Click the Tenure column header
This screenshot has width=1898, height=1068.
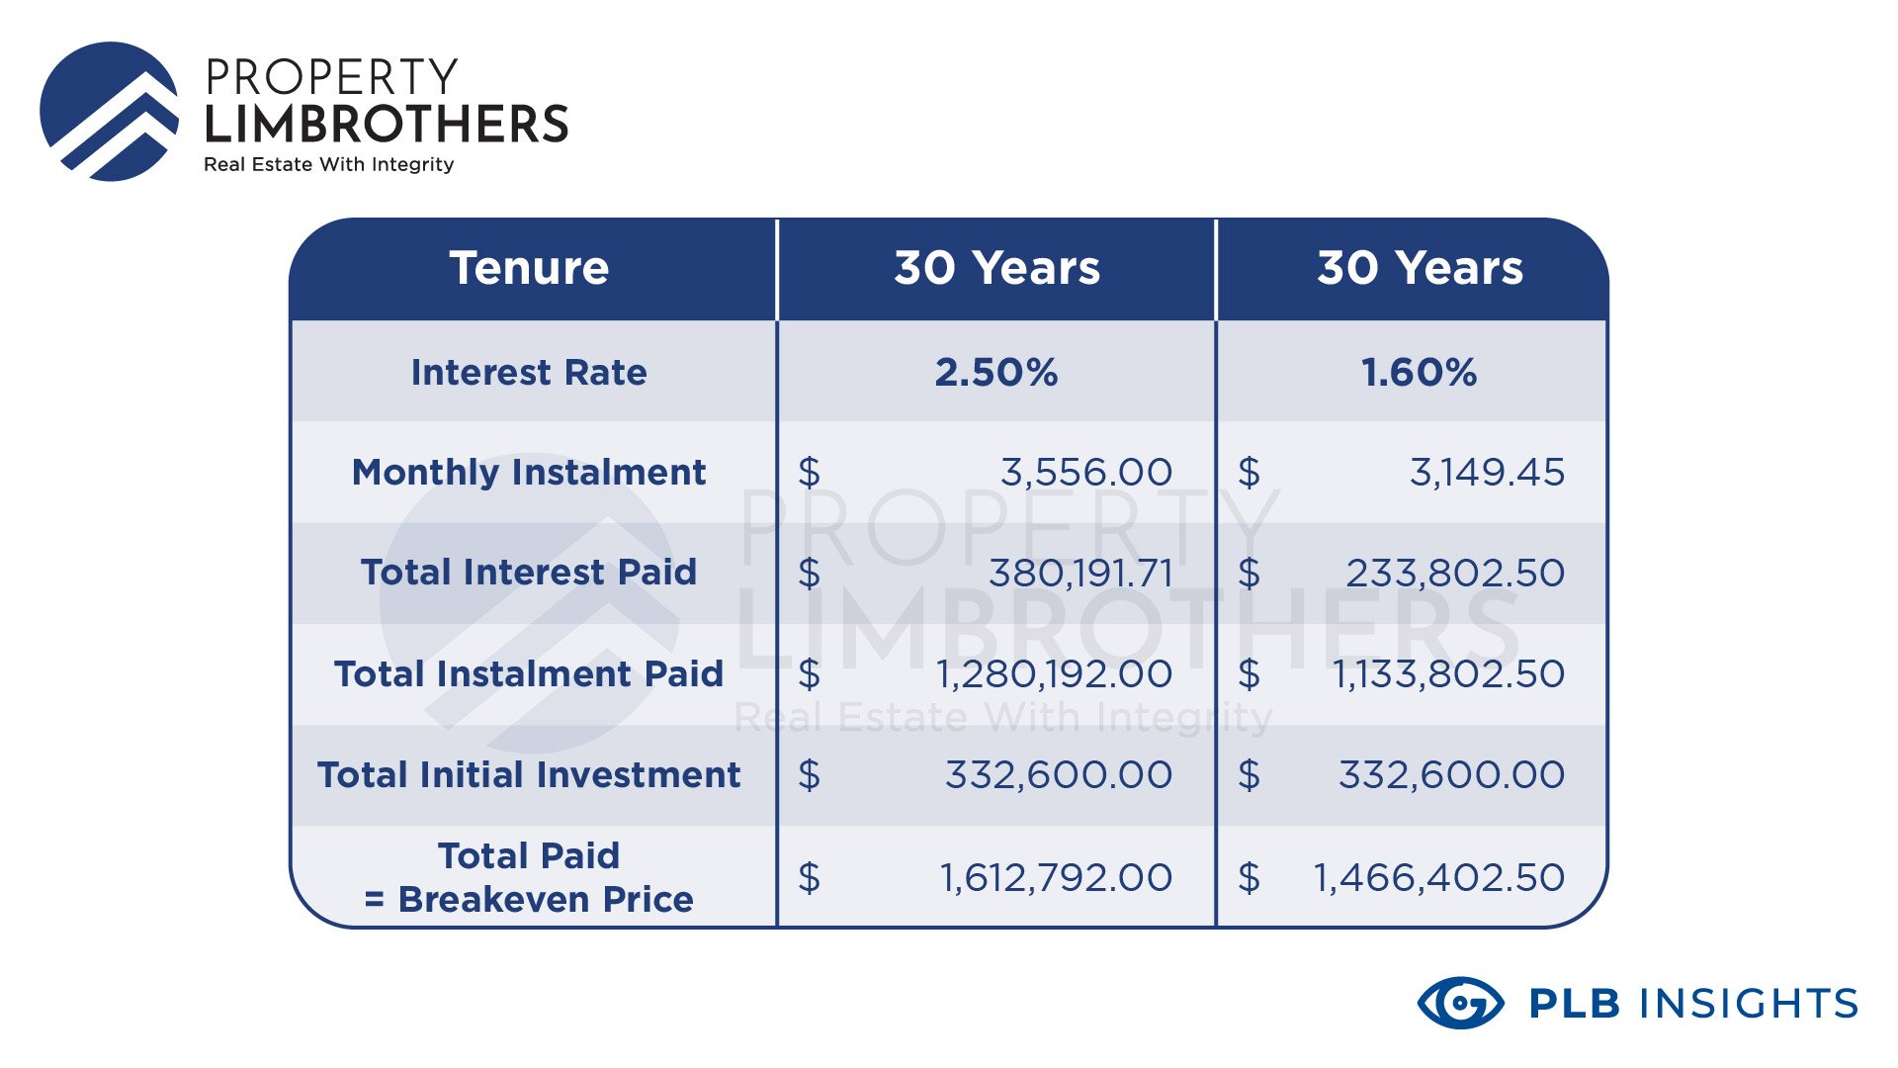point(529,268)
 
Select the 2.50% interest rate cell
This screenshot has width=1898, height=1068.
point(996,373)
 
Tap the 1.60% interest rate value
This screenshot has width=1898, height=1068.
point(1420,373)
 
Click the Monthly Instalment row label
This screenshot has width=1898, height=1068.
point(529,473)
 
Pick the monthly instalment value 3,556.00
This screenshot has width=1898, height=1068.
point(1086,473)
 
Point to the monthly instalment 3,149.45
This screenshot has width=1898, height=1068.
point(1487,473)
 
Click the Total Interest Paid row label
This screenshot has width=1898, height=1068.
point(529,573)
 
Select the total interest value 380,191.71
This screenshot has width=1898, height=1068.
point(1080,574)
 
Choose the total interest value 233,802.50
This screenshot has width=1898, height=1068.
point(1455,574)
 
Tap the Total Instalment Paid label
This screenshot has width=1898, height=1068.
point(529,674)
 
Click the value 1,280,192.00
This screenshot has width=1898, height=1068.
point(1054,674)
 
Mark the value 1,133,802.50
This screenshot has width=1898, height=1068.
point(1448,674)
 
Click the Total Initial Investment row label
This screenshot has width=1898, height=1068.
point(529,775)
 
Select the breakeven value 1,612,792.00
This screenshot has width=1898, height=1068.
point(1056,878)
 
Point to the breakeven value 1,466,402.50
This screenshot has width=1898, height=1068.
point(1438,878)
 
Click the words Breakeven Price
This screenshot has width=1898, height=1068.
point(546,900)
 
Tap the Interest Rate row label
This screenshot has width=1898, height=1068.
point(529,373)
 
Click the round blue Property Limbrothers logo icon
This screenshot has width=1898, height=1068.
point(110,112)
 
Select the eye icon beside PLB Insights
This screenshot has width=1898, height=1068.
point(1461,1004)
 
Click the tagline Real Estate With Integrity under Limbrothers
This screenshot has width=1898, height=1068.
point(329,165)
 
